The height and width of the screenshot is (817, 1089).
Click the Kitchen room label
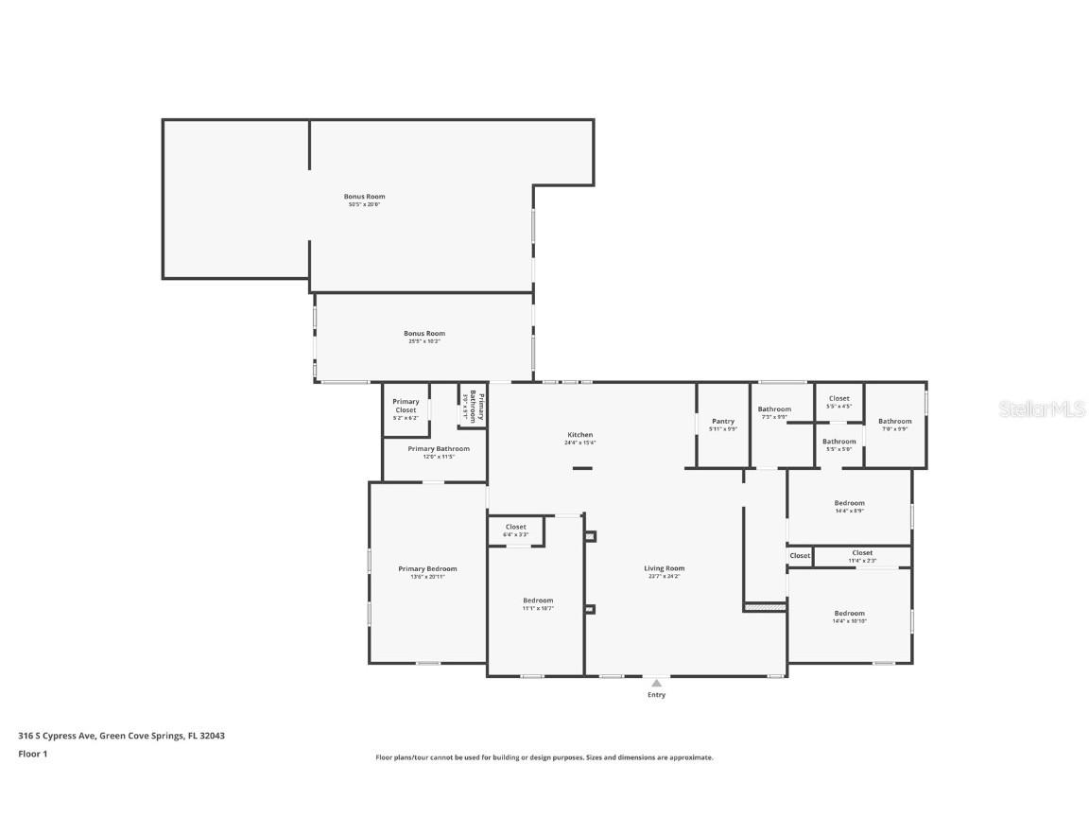click(x=579, y=435)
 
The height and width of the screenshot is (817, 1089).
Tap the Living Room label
click(x=664, y=568)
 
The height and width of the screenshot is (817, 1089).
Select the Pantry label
click(x=723, y=422)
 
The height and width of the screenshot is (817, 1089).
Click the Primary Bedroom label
click(x=427, y=569)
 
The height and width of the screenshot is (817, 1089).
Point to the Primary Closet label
click(x=406, y=406)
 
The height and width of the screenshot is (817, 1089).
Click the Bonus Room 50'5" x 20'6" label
click(x=364, y=197)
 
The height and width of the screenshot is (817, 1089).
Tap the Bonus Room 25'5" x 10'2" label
click(x=423, y=334)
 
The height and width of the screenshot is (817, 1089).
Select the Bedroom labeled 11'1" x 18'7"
click(x=538, y=600)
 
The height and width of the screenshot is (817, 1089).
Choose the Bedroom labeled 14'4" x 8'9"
click(x=849, y=504)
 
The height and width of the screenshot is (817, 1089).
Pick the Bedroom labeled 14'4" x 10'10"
click(x=849, y=614)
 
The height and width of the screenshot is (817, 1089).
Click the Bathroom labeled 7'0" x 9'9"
click(x=894, y=422)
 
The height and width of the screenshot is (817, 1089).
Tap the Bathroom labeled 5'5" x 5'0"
click(x=838, y=442)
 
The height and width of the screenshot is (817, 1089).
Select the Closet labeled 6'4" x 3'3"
click(x=515, y=528)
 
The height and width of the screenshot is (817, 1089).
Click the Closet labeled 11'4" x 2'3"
click(x=862, y=553)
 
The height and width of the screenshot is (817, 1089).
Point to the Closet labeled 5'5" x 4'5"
click(x=838, y=399)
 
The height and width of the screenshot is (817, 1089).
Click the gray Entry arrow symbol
click(x=656, y=682)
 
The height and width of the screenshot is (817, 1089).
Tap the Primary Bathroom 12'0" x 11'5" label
click(x=439, y=449)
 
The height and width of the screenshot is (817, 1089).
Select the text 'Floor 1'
click(x=32, y=754)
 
